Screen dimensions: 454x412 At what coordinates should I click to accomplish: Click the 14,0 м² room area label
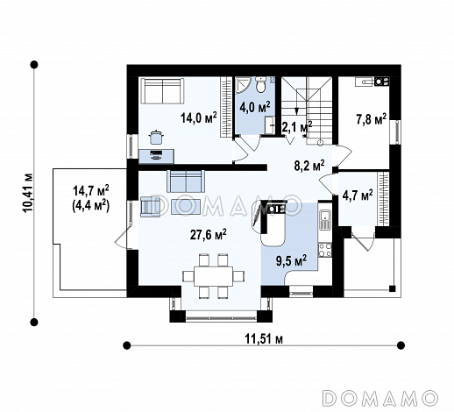pos(199,118)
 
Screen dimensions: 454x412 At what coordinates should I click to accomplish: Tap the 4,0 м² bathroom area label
pos(255,108)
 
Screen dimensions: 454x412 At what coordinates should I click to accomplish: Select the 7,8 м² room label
pos(372,119)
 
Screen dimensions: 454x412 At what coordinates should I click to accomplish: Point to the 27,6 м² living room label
pos(208,234)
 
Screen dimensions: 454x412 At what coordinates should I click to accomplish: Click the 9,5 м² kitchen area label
pos(291,260)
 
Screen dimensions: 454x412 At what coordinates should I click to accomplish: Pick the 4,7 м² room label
pos(358,195)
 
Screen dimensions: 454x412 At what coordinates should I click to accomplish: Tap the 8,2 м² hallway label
pos(309,166)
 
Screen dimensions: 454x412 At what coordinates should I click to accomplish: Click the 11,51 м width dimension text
pos(264,339)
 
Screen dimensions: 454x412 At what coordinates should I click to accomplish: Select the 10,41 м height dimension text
pos(29,193)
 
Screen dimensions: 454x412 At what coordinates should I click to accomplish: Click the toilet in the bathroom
pos(260,84)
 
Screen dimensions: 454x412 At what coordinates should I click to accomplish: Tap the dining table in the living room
pos(214,276)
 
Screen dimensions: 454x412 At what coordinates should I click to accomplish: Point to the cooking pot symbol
pos(156,137)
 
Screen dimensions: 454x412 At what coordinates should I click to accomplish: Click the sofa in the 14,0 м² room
pos(162,90)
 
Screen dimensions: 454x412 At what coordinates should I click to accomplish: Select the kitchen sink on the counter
pos(325,219)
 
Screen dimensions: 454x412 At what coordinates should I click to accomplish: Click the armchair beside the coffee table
pos(150,207)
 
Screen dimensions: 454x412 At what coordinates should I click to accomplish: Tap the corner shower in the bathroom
pos(243,85)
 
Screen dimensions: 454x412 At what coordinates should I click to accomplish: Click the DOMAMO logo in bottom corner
pos(380,398)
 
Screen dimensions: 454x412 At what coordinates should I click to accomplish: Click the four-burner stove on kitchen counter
pos(325,250)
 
